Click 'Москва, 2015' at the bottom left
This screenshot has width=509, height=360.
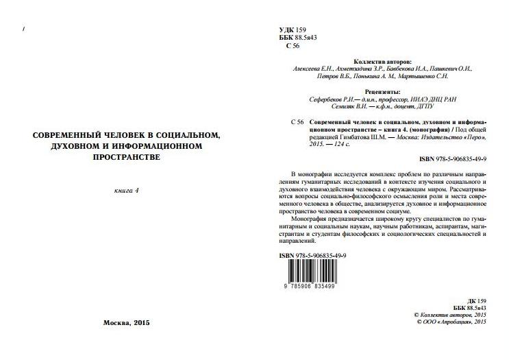click(x=126, y=322)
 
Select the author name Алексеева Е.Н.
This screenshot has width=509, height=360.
click(x=313, y=69)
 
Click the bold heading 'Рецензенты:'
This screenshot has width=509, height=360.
click(x=383, y=92)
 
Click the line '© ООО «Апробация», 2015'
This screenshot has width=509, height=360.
click(x=451, y=321)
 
